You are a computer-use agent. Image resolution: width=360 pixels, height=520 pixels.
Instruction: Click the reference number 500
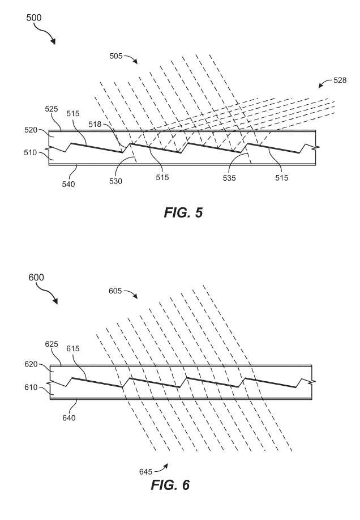click(x=34, y=18)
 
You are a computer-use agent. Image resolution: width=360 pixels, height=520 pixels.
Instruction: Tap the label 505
click(x=116, y=56)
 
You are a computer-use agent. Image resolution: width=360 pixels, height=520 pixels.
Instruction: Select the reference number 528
click(x=340, y=80)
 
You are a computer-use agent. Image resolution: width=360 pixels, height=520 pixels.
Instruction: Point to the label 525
click(x=52, y=109)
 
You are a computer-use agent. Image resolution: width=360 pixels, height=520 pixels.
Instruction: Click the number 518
click(x=95, y=125)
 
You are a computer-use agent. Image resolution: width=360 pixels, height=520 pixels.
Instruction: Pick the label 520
click(x=31, y=130)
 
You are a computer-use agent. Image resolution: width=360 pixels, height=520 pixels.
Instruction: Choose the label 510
click(x=31, y=153)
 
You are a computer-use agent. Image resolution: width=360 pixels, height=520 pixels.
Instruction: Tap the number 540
click(x=68, y=184)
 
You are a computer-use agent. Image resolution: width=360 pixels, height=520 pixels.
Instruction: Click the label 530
click(x=115, y=181)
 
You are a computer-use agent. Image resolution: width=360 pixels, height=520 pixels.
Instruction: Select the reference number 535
click(x=229, y=178)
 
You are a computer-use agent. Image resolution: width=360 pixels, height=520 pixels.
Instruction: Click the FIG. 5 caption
click(x=183, y=212)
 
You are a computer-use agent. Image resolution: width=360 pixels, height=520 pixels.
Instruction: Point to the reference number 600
click(x=36, y=277)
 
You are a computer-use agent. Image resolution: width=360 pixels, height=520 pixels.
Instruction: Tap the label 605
click(x=115, y=291)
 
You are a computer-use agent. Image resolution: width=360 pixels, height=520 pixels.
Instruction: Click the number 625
click(x=52, y=344)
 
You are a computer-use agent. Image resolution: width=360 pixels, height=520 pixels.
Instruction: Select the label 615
click(x=73, y=348)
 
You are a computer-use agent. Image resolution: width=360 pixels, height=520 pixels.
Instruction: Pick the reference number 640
click(x=69, y=418)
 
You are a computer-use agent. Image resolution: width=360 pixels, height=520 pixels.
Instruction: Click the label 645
click(x=145, y=472)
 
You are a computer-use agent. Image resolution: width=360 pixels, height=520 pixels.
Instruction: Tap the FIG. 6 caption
click(x=170, y=485)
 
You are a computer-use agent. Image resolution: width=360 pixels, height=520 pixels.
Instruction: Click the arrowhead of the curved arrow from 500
click(x=53, y=41)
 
